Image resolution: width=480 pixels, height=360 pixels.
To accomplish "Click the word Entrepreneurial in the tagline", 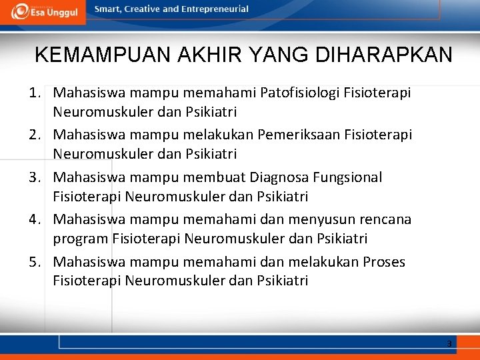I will click(x=215, y=9).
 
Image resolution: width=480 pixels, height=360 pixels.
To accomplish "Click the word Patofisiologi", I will click(x=301, y=93).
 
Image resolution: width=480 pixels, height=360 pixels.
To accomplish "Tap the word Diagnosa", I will click(x=282, y=177).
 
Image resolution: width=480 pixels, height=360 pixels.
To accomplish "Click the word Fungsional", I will click(x=349, y=177).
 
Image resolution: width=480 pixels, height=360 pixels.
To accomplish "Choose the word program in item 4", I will click(x=81, y=238).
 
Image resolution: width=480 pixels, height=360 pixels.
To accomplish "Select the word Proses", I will click(x=384, y=262).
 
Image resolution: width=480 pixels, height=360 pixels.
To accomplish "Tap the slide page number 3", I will click(x=449, y=344).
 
